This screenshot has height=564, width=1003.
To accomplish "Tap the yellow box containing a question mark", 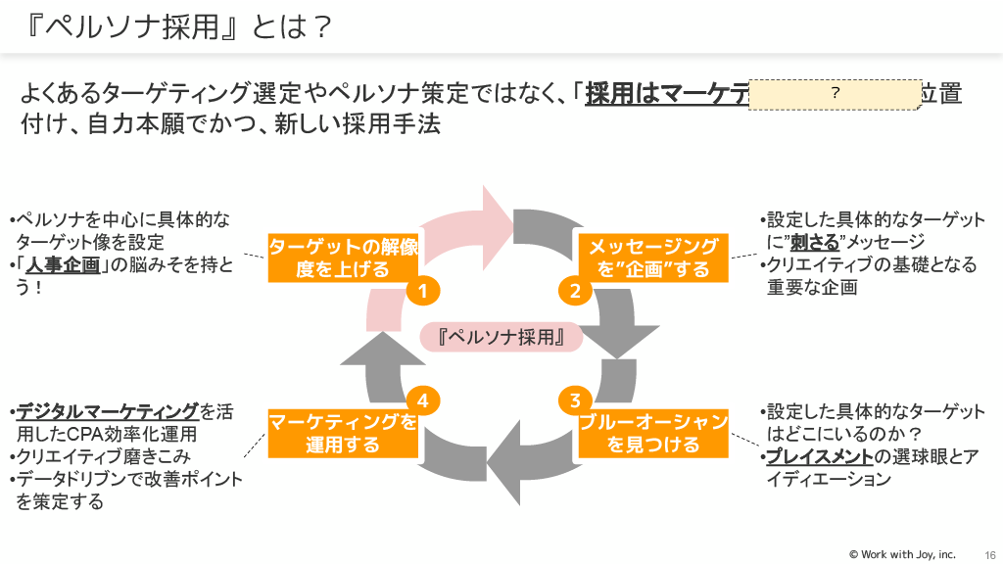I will pyautogui.click(x=835, y=93).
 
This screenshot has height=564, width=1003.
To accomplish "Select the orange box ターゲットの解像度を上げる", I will pyautogui.click(x=343, y=258).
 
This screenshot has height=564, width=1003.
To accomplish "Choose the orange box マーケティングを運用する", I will pyautogui.click(x=343, y=434).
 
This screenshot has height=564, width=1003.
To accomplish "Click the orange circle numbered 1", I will pyautogui.click(x=422, y=291).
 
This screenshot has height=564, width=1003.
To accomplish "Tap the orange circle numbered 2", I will pyautogui.click(x=576, y=291).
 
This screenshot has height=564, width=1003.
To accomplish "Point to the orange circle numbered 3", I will pyautogui.click(x=576, y=399).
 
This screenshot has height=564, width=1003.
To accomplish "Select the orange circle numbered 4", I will pyautogui.click(x=422, y=399).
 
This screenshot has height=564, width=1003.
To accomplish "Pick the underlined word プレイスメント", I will pyautogui.click(x=819, y=456).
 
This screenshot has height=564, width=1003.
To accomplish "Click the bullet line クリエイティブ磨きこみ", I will pyautogui.click(x=101, y=456).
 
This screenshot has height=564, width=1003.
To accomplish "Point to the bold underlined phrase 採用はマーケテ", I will pyautogui.click(x=666, y=94).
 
